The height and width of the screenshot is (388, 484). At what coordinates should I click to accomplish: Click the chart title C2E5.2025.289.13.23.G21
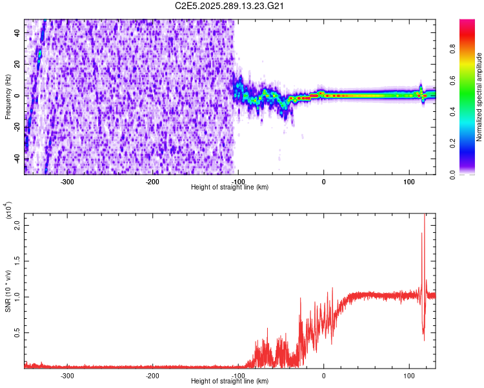230,6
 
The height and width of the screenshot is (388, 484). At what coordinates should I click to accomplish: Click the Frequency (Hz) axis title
7,95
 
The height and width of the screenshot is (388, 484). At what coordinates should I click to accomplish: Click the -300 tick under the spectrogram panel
67,182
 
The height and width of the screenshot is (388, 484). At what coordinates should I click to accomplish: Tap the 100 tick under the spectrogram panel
408,182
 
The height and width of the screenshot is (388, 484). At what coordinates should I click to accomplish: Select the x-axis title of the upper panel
230,188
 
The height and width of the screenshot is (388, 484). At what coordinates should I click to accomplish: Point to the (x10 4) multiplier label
8,211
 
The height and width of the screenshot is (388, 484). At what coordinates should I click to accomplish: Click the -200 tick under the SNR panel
152,375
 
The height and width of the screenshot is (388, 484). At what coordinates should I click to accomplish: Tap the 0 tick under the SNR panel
324,375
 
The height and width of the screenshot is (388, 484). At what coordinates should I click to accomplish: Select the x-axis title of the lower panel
230,382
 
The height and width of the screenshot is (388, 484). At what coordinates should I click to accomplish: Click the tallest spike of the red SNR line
425,216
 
